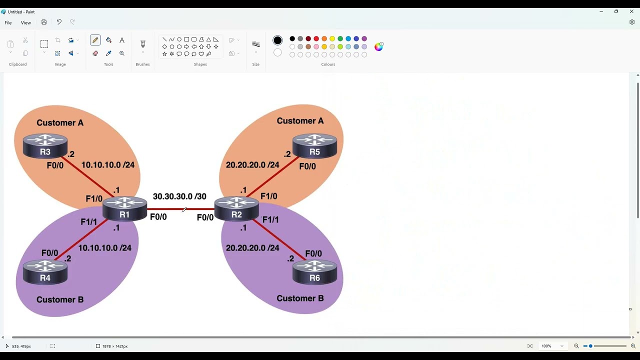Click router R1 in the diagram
click(124, 209)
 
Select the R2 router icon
click(236, 209)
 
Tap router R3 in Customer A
click(45, 146)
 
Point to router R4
click(45, 272)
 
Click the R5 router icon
click(314, 146)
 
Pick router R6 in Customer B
click(314, 272)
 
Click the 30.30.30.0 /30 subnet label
click(179, 196)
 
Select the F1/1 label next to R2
click(270, 219)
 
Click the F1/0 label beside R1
click(94, 198)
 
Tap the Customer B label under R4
click(60, 299)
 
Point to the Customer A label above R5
click(300, 121)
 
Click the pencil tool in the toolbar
click(95, 40)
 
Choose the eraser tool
click(95, 53)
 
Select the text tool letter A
click(122, 40)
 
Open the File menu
click(8, 23)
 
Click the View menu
click(25, 23)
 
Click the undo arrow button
click(59, 22)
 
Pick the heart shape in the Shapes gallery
click(201, 53)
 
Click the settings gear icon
click(631, 22)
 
